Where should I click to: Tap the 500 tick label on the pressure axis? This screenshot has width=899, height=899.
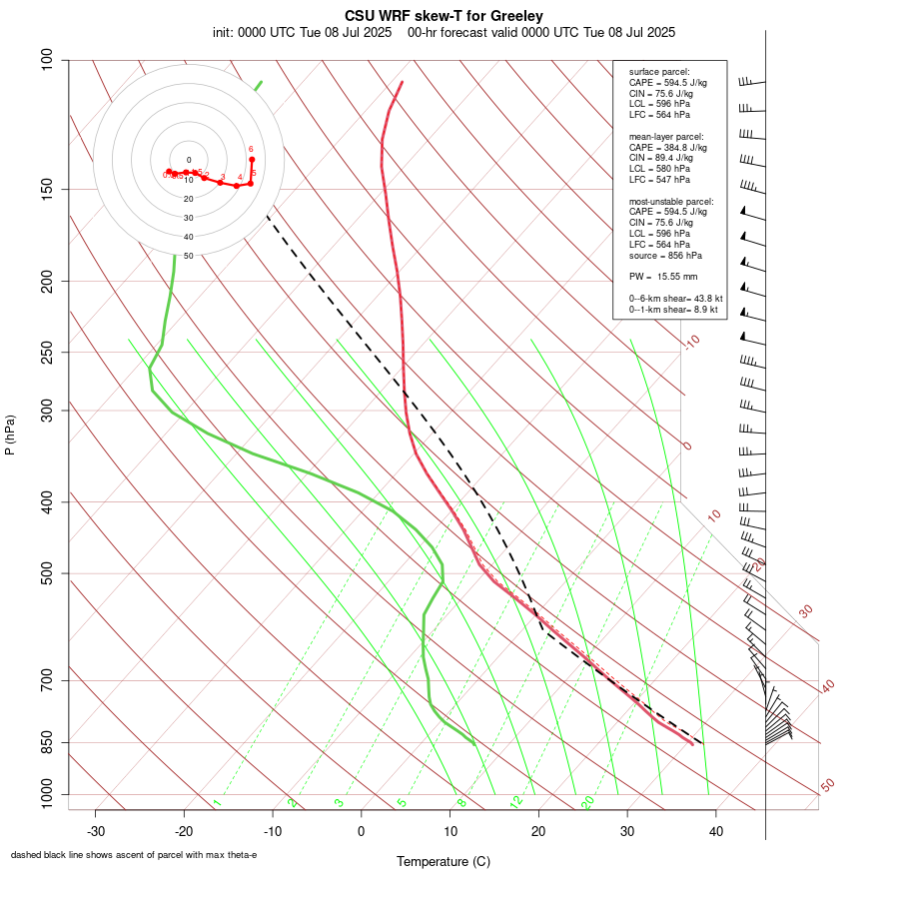pyautogui.click(x=47, y=573)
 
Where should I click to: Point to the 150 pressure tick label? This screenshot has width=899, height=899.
pyautogui.click(x=47, y=189)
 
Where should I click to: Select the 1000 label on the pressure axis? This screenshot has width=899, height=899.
pyautogui.click(x=44, y=795)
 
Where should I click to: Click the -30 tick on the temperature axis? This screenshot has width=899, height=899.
pyautogui.click(x=95, y=831)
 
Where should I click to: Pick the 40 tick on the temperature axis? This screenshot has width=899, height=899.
pyautogui.click(x=716, y=831)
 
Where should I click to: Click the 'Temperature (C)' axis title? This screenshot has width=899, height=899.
pyautogui.click(x=444, y=861)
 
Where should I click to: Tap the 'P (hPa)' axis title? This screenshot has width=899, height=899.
pyautogui.click(x=10, y=436)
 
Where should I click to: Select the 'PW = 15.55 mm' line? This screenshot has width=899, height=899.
pyautogui.click(x=663, y=277)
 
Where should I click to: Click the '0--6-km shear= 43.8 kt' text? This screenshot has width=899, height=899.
pyautogui.click(x=675, y=299)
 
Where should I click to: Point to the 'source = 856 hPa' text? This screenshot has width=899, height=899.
pyautogui.click(x=664, y=255)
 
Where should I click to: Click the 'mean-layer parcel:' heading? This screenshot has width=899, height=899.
pyautogui.click(x=666, y=136)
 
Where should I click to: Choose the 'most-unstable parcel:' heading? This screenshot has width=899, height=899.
pyautogui.click(x=671, y=201)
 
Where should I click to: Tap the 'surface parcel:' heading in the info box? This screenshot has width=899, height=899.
pyautogui.click(x=659, y=72)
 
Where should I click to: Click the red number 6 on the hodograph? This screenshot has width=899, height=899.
pyautogui.click(x=251, y=149)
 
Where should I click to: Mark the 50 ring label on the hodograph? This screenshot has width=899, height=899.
pyautogui.click(x=188, y=256)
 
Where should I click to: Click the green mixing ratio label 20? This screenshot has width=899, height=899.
pyautogui.click(x=588, y=801)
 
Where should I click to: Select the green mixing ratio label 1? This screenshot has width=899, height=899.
pyautogui.click(x=217, y=803)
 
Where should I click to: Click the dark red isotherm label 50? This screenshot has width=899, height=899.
pyautogui.click(x=827, y=786)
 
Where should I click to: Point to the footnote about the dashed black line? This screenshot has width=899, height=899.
pyautogui.click(x=134, y=855)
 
